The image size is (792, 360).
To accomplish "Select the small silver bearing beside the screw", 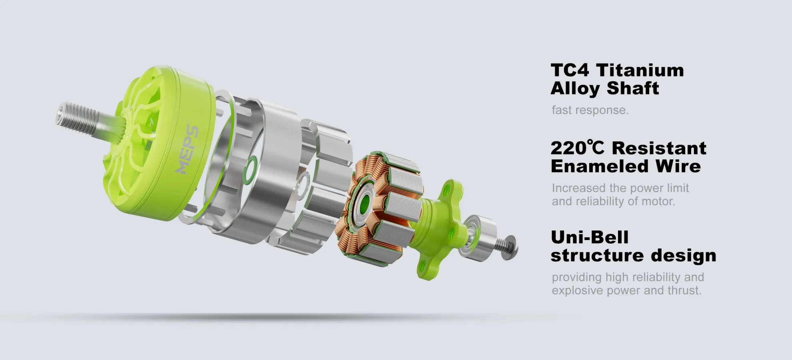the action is tap(478, 238).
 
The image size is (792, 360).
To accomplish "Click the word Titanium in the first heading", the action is tap(640, 70).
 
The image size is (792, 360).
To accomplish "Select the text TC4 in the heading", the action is tap(570, 70).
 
